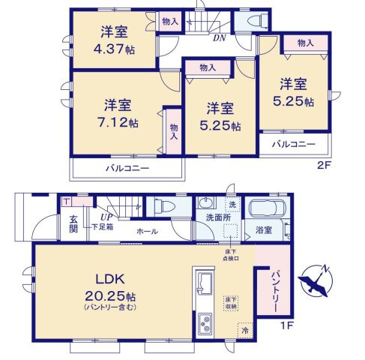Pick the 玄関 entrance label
tap(74, 223)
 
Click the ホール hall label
tap(146, 232)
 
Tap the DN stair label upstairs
tap(220, 38)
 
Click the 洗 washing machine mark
tap(232, 205)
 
